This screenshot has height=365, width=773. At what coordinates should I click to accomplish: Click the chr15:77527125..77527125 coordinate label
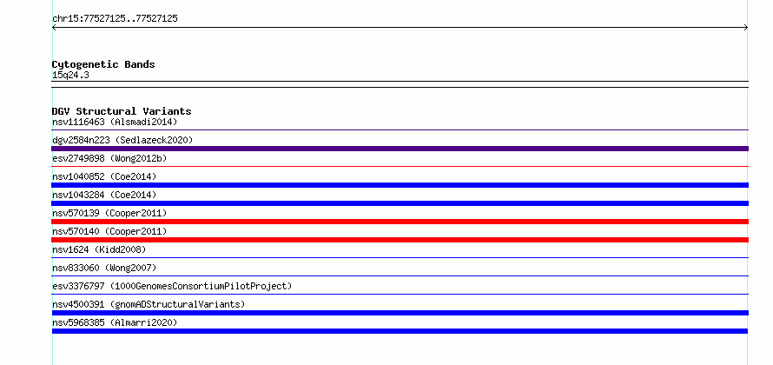(115, 19)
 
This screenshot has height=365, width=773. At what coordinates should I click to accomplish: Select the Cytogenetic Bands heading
(103, 64)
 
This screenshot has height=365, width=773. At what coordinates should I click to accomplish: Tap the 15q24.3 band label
(70, 76)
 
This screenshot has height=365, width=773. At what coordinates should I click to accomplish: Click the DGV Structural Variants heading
(122, 111)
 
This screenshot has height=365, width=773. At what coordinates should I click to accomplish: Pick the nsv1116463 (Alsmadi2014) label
(115, 122)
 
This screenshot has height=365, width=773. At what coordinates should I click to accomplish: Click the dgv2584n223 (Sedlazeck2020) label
(122, 140)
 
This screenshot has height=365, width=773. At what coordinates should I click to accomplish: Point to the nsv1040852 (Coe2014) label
(104, 176)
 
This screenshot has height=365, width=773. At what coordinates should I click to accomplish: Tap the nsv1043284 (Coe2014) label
(104, 195)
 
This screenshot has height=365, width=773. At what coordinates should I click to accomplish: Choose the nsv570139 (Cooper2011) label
(109, 213)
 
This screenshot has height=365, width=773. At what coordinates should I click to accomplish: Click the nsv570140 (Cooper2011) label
(109, 231)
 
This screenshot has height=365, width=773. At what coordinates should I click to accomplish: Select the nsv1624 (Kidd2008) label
(99, 249)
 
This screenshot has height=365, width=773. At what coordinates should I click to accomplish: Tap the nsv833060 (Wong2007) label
(104, 268)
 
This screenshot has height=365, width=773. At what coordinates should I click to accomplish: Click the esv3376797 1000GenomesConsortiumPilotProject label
(172, 286)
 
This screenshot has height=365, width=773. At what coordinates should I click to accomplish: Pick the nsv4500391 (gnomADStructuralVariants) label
(149, 304)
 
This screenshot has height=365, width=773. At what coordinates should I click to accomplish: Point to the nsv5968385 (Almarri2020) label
(115, 322)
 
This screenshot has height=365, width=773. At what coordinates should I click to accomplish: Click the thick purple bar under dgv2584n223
(400, 149)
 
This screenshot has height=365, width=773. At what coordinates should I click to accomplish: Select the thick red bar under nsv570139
(400, 222)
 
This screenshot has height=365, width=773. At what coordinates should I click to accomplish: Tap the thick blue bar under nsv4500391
(400, 313)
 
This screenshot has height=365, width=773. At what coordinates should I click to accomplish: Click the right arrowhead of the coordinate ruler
(747, 28)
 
